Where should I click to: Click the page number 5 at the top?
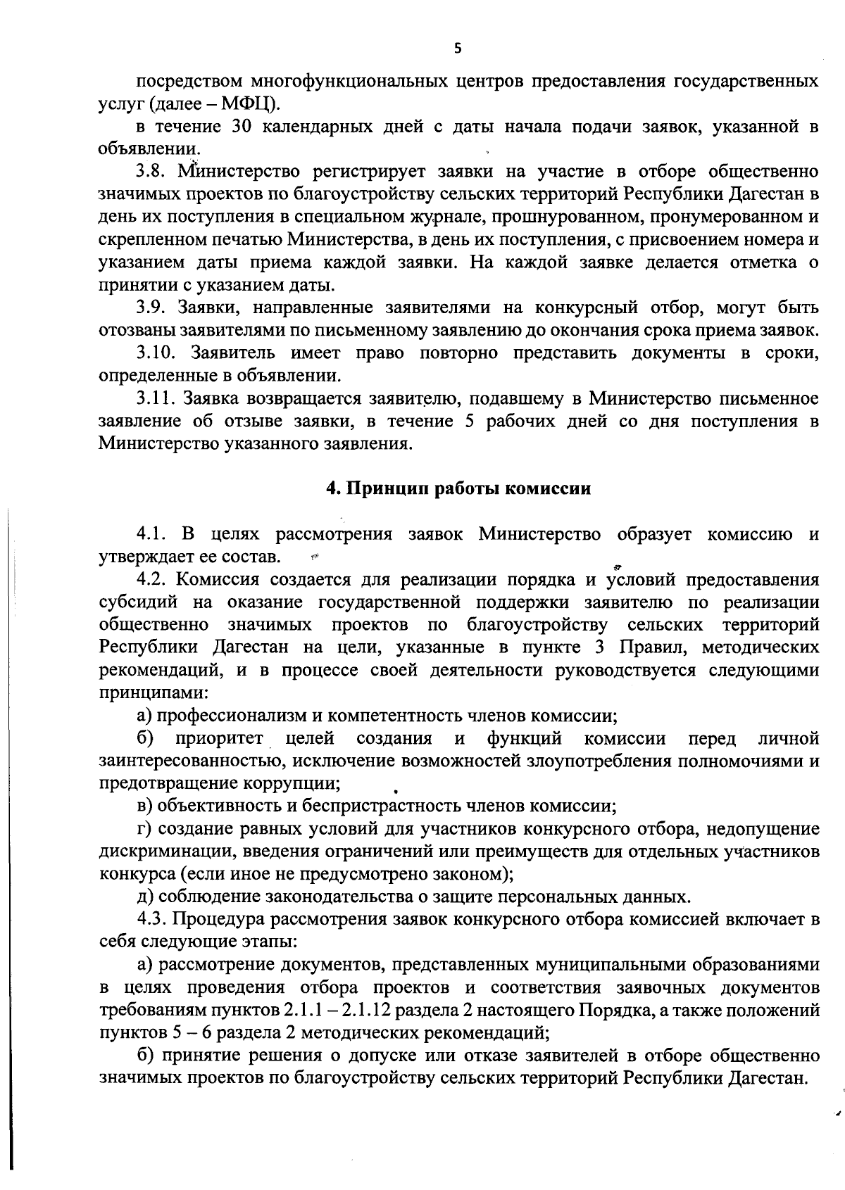(458, 49)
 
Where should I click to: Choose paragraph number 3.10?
(156, 353)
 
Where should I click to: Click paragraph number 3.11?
(156, 399)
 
